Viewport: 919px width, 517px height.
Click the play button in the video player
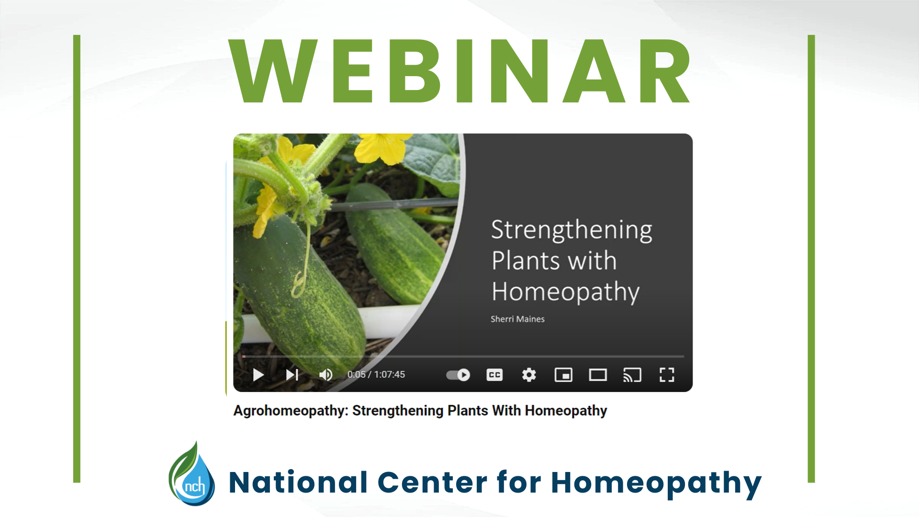[258, 375]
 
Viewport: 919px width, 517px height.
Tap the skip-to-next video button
[292, 375]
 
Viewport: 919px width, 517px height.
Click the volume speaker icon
[326, 375]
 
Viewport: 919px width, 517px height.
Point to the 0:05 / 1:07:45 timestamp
[376, 375]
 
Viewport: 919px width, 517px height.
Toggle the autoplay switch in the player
[458, 375]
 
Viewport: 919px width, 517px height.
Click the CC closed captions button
[494, 375]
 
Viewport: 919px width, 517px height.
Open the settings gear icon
[529, 375]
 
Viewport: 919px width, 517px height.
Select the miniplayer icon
[563, 375]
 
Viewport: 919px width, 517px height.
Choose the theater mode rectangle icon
[598, 375]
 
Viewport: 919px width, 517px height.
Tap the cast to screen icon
[632, 375]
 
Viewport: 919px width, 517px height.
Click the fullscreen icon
[667, 375]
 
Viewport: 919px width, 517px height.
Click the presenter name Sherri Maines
[517, 319]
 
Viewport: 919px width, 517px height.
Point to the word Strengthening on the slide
[572, 230]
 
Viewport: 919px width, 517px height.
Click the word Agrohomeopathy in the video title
[290, 411]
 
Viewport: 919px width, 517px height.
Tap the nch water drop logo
[192, 476]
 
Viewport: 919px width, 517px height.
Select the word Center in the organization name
[432, 482]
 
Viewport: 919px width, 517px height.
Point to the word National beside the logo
[298, 482]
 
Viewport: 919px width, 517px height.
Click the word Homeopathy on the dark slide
[565, 292]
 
